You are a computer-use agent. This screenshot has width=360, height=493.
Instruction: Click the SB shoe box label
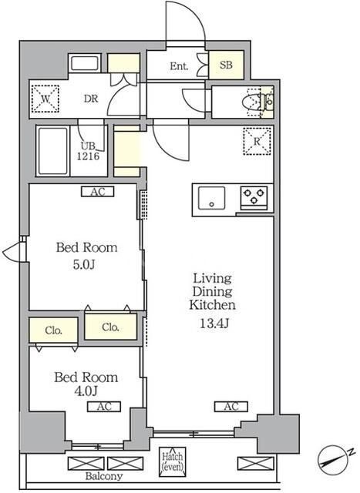(x=227, y=65)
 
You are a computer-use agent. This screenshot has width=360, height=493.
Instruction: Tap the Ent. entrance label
(x=179, y=66)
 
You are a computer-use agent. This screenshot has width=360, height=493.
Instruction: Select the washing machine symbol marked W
(x=45, y=99)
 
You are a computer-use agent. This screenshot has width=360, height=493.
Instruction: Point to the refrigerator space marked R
(x=257, y=141)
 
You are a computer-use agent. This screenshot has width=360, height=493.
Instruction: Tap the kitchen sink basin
(x=212, y=198)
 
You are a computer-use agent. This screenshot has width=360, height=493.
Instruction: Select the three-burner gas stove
(x=254, y=198)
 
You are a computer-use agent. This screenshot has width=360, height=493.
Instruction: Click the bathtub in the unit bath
(x=53, y=151)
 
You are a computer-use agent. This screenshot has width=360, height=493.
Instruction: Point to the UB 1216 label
(x=88, y=151)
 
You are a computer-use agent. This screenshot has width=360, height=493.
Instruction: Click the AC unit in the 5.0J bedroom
(x=98, y=192)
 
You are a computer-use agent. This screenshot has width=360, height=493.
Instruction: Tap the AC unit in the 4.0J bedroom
(x=104, y=407)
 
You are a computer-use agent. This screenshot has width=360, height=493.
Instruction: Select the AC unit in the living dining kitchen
(x=231, y=407)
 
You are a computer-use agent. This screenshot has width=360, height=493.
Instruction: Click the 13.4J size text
(x=214, y=324)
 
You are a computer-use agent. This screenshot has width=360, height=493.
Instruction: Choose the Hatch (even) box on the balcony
(x=172, y=461)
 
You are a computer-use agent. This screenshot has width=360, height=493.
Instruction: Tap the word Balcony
(x=104, y=476)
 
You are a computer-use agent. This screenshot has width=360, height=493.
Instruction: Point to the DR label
(x=91, y=99)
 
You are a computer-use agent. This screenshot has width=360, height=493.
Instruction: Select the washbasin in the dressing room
(x=85, y=63)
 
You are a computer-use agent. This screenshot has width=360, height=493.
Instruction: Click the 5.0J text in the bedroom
(x=84, y=265)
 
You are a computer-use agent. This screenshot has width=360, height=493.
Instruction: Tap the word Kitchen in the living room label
(x=213, y=305)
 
